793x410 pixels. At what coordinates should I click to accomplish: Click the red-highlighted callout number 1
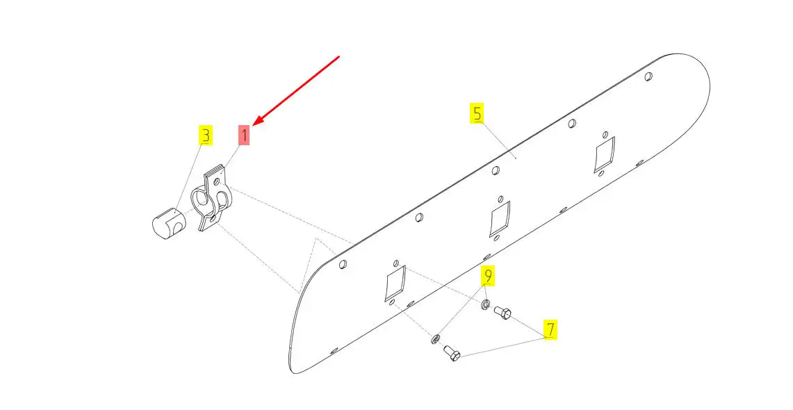click(244, 135)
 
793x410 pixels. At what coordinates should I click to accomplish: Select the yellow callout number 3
click(205, 135)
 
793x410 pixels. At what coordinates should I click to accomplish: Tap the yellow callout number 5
click(477, 113)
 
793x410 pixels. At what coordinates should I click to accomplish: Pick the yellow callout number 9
click(488, 275)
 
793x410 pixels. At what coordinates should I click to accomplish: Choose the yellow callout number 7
click(550, 329)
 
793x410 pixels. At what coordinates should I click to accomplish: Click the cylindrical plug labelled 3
click(169, 223)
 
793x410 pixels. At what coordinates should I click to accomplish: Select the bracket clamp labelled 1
click(211, 199)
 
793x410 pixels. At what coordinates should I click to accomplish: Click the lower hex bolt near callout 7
click(452, 352)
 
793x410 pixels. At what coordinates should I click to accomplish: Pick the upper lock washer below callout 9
click(485, 305)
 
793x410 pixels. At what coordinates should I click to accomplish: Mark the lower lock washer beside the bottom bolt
click(435, 340)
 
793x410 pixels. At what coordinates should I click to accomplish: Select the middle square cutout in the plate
click(500, 218)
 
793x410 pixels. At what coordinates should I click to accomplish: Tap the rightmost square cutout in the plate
click(605, 154)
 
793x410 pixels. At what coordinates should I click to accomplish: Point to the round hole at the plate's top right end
click(649, 77)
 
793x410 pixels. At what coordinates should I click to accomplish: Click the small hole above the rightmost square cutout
click(605, 135)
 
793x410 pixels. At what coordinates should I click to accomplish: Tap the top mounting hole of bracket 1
click(217, 181)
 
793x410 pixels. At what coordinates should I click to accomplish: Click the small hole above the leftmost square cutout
click(396, 263)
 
